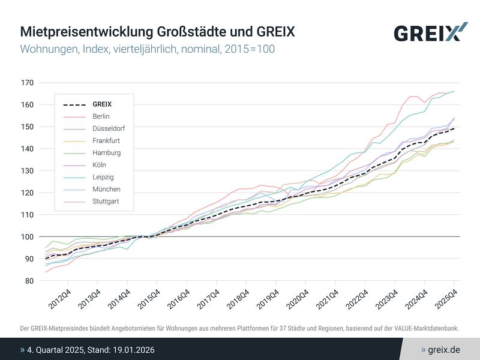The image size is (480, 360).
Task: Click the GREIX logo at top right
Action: (430, 32)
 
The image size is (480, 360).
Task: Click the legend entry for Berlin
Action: (101, 116)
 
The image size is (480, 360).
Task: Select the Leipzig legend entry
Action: (103, 177)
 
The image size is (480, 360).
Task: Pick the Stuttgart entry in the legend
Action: (106, 201)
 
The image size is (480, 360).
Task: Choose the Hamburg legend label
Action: (106, 152)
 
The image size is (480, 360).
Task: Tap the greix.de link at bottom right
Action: (444, 349)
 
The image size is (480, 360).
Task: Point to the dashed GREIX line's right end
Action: (454, 128)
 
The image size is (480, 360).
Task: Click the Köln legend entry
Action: (100, 164)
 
